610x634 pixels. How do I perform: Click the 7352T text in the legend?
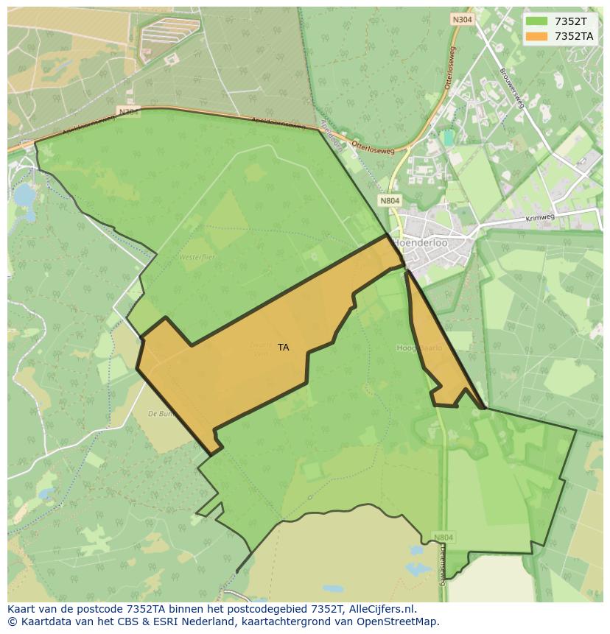click(x=571, y=22)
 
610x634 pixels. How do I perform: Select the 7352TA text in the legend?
click(x=574, y=36)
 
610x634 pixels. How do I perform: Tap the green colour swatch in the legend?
click(x=536, y=22)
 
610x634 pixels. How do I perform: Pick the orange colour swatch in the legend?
click(x=536, y=36)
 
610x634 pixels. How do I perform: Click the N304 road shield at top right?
click(x=462, y=19)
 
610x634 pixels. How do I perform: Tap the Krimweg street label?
click(x=540, y=219)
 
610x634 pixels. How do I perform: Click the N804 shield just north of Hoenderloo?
click(x=390, y=200)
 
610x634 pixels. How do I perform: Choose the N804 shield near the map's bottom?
click(x=443, y=538)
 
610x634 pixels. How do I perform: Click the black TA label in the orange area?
click(x=284, y=348)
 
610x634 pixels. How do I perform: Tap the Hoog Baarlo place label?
click(x=419, y=348)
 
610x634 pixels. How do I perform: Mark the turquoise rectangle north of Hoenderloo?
click(x=448, y=138)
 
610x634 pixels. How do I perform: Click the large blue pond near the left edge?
click(x=24, y=196)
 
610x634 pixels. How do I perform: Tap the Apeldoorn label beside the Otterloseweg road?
click(x=332, y=137)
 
